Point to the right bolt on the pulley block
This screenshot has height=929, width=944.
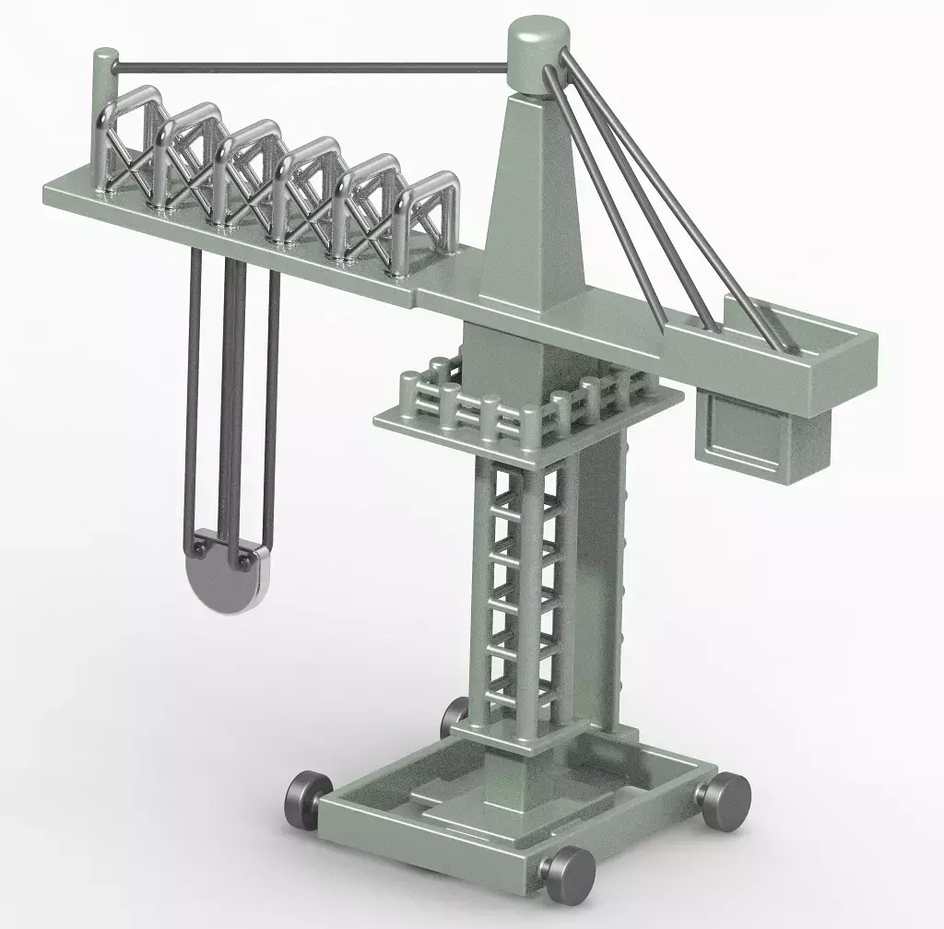(243, 557)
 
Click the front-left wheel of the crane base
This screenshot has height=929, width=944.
(308, 794)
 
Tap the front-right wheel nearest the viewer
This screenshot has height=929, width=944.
(566, 874)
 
